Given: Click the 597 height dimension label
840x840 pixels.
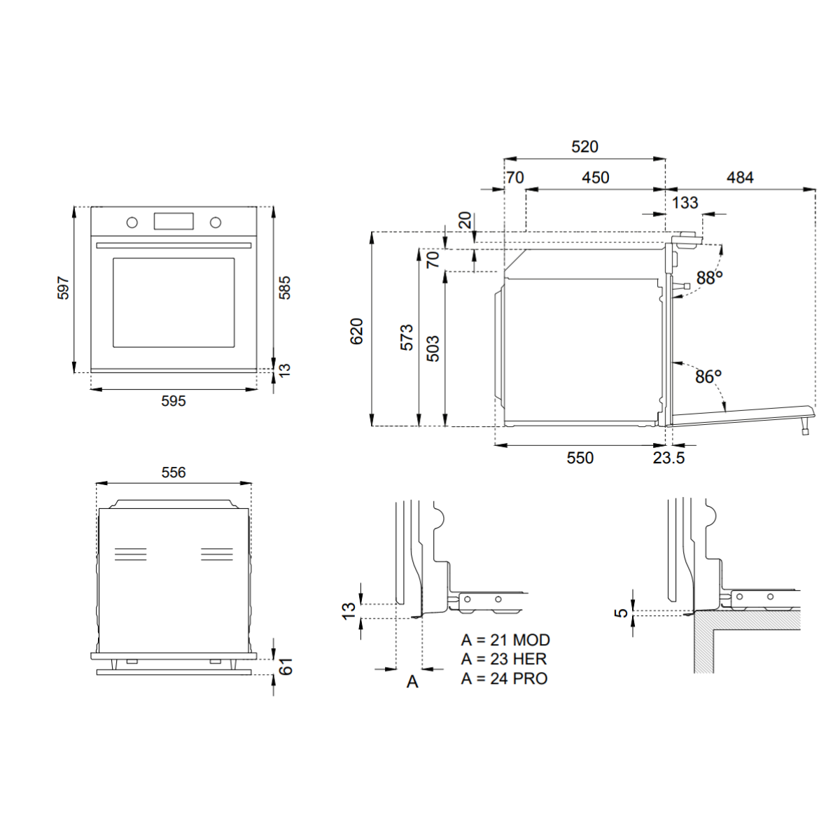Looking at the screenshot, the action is click(x=64, y=288).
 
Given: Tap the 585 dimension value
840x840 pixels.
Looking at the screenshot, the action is click(x=284, y=288).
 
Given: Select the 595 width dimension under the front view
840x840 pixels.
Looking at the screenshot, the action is click(x=174, y=401).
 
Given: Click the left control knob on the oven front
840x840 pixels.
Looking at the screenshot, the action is click(x=132, y=223).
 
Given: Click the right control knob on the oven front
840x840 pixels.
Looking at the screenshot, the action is click(x=216, y=223).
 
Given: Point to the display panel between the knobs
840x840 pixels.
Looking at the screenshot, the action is click(x=174, y=221).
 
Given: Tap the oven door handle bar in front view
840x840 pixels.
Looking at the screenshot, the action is click(x=174, y=246).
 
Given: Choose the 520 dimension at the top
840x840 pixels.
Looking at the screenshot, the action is click(x=584, y=147).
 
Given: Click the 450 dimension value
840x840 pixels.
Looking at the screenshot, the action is click(x=596, y=178).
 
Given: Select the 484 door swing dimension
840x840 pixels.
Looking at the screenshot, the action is click(x=740, y=178).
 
